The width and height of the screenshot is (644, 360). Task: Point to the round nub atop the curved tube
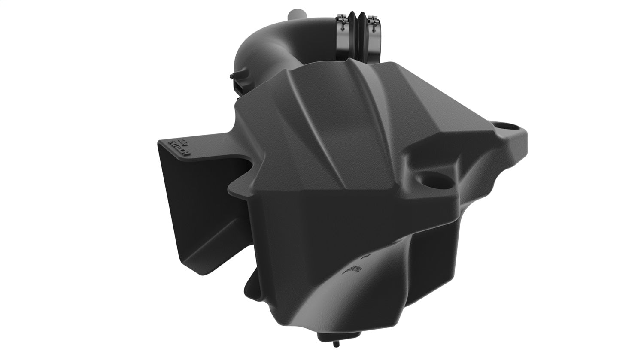(296, 14)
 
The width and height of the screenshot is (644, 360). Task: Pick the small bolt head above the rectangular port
(232, 76)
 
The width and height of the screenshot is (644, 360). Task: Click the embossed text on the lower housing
(351, 270)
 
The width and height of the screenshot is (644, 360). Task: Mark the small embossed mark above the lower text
(366, 256)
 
